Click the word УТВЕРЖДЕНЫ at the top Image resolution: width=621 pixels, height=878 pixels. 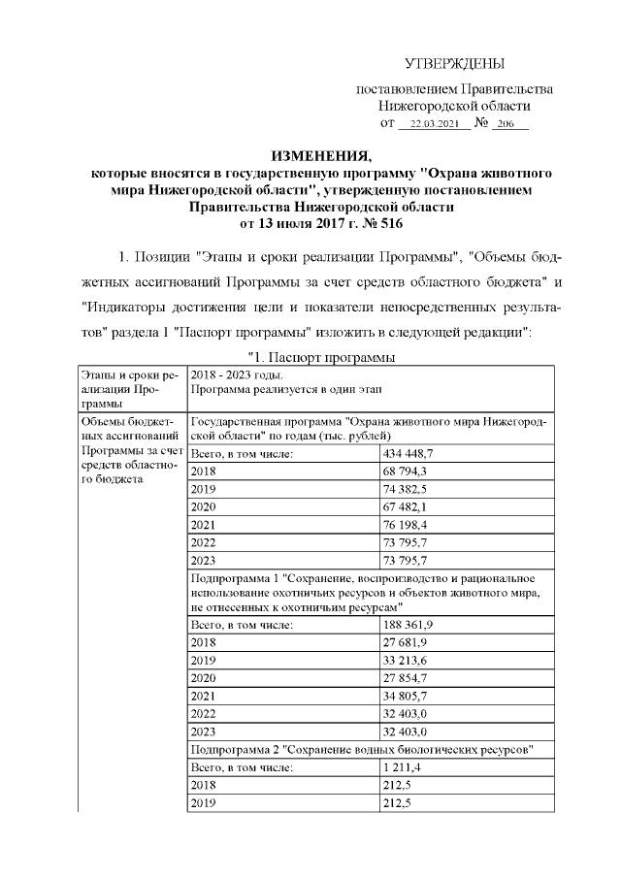click(454, 64)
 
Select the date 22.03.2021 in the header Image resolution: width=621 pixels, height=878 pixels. click(433, 125)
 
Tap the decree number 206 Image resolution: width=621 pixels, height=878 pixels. click(504, 125)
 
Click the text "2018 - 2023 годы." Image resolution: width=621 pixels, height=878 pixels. click(237, 374)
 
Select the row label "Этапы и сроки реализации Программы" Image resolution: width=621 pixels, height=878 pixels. click(128, 388)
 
